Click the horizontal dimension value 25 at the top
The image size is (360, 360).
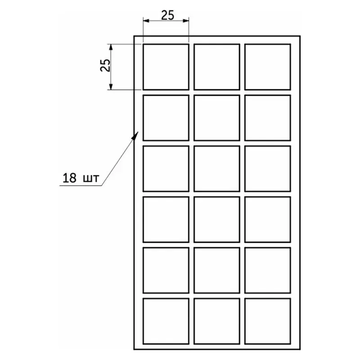click(167, 15)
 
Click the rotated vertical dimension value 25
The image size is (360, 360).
click(105, 65)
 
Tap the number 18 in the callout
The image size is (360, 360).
click(69, 178)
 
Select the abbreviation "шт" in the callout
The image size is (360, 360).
click(91, 179)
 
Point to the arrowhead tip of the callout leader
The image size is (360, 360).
click(138, 131)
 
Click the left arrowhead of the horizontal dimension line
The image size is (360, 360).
click(146, 21)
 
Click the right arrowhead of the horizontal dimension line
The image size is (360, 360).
click(186, 21)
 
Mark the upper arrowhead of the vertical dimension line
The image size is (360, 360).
click(111, 47)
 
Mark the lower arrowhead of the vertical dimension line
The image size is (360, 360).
click(111, 86)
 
